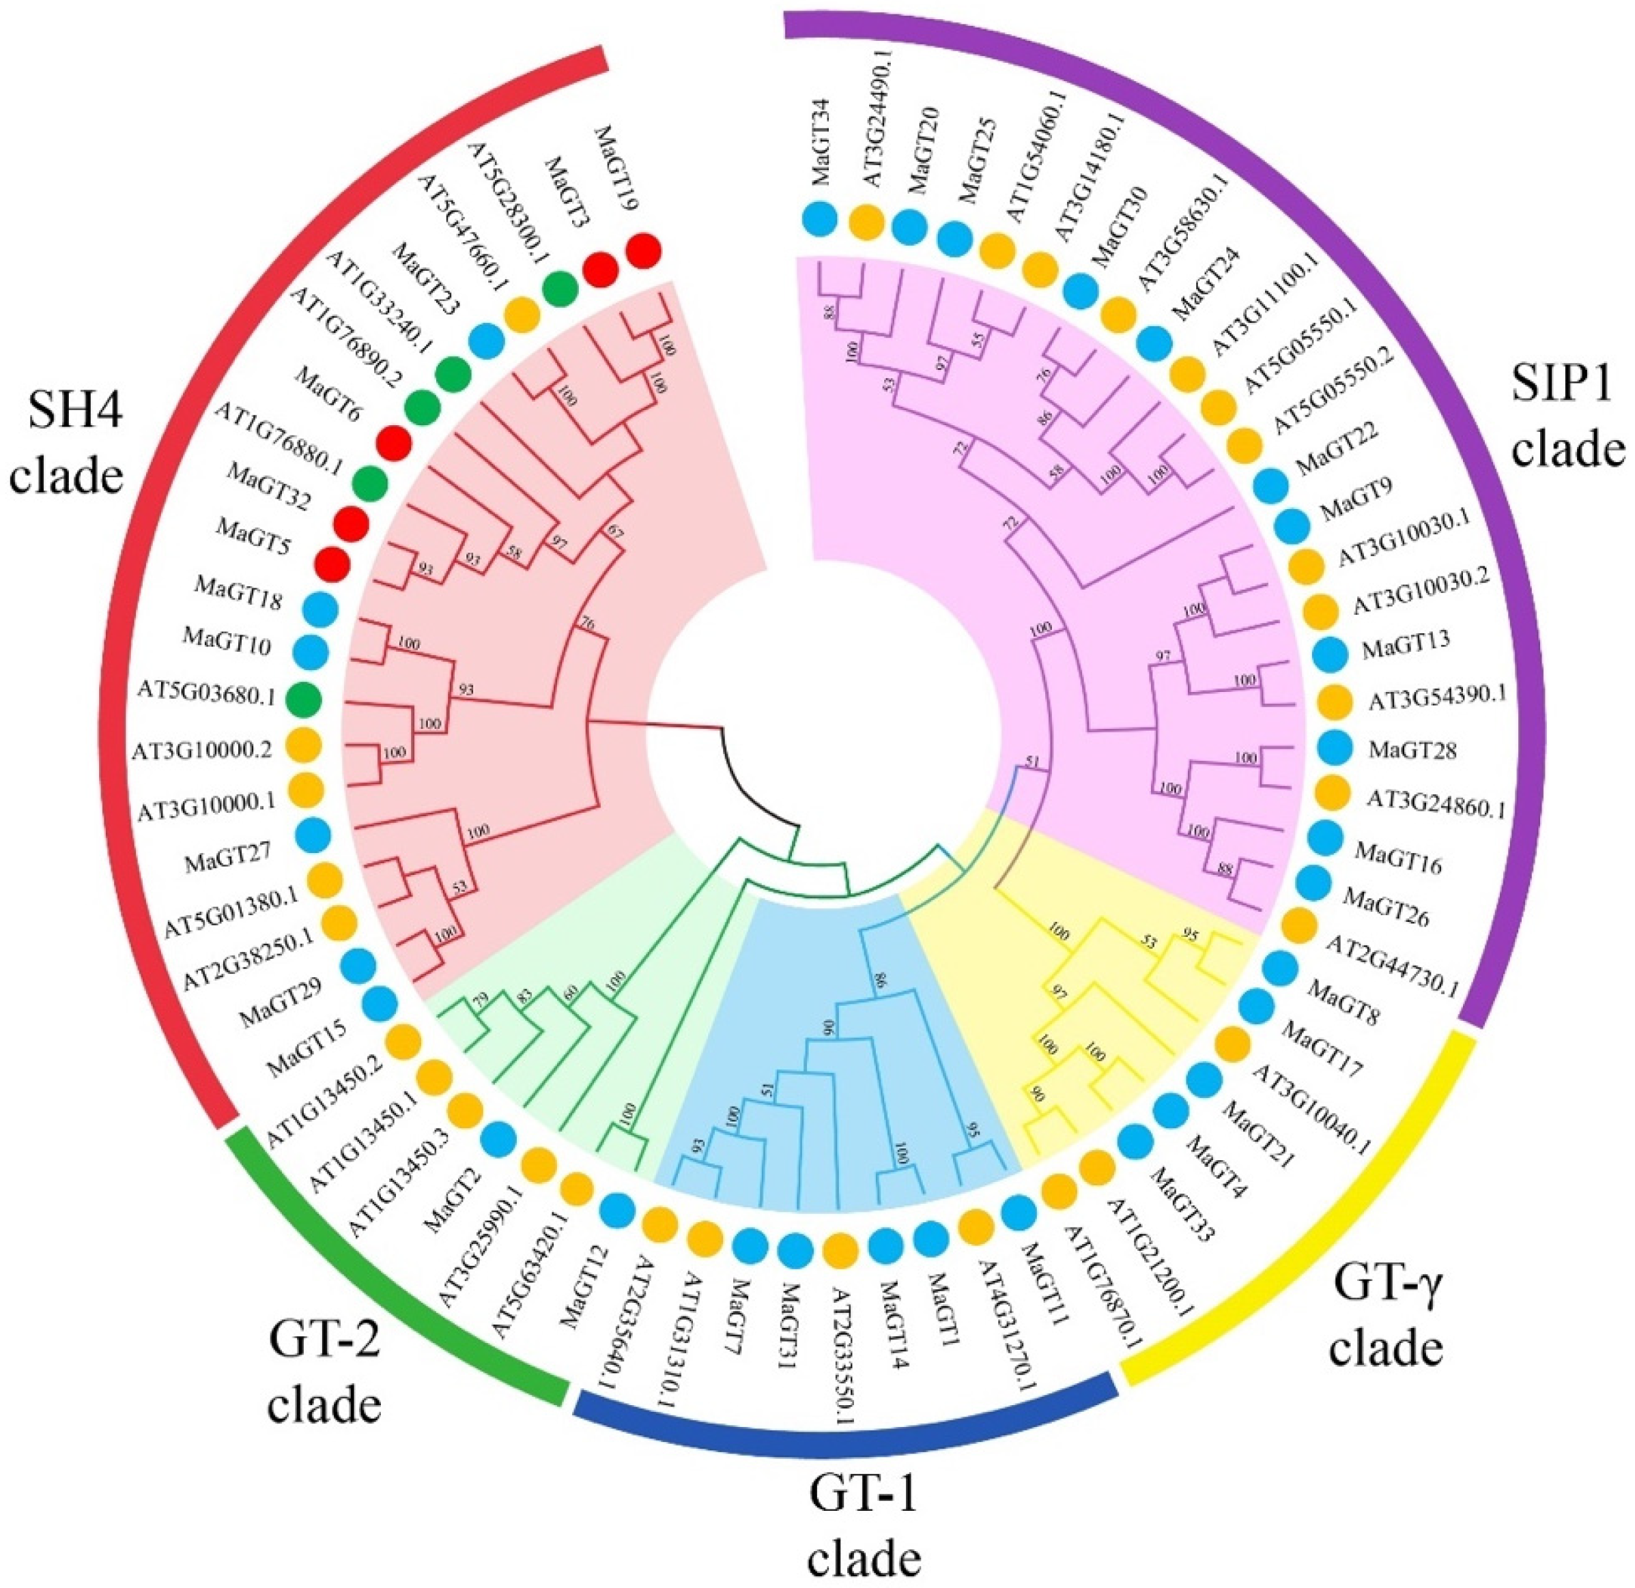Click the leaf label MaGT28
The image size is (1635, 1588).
[x=1412, y=749]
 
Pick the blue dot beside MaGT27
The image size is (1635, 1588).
[x=312, y=833]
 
